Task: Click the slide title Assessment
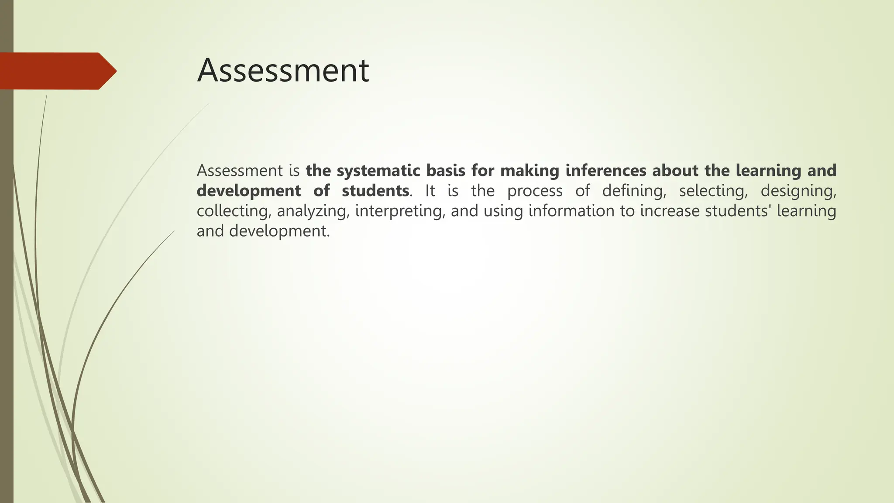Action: click(x=283, y=71)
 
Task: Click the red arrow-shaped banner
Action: click(x=57, y=71)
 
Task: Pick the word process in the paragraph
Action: click(x=535, y=191)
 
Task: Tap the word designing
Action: click(x=798, y=191)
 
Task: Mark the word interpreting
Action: click(x=399, y=211)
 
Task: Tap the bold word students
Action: click(x=375, y=191)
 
